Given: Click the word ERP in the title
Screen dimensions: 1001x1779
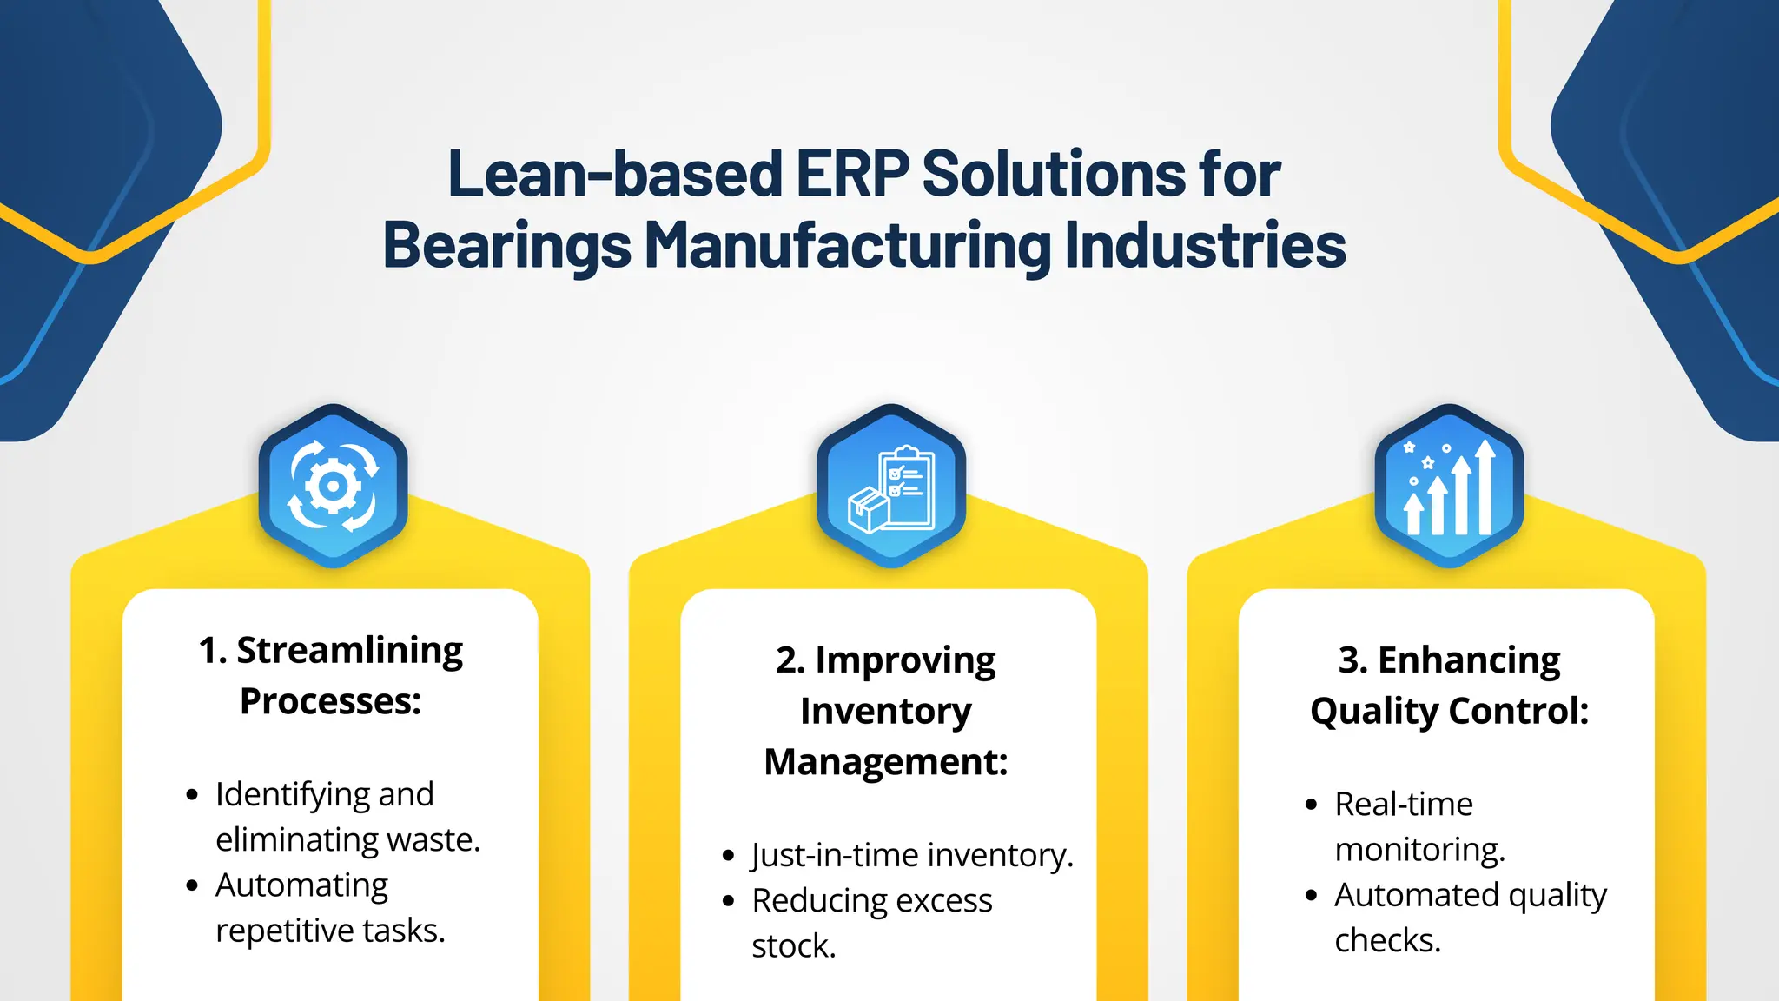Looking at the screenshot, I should [852, 174].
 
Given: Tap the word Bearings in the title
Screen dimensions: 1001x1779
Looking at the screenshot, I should [506, 246].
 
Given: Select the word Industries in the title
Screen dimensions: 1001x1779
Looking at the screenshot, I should [1205, 246].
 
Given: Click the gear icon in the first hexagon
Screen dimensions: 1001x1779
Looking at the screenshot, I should [333, 486].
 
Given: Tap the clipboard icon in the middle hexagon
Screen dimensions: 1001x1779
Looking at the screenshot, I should [909, 487].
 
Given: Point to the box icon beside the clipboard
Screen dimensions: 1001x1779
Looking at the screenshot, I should [868, 509].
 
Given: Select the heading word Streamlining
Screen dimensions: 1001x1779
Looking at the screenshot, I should [350, 651].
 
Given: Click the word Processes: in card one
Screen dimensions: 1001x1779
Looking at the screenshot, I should [330, 701].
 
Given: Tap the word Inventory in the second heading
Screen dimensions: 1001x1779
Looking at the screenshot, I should [886, 711].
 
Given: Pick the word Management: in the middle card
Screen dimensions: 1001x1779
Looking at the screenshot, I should [886, 762].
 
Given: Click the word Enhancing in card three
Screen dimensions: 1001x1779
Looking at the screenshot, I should [1469, 660].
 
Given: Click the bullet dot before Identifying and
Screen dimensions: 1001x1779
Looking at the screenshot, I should [193, 795].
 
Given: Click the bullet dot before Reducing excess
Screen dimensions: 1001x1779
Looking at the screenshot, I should [729, 901].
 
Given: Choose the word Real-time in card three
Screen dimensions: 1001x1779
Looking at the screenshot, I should [1404, 805].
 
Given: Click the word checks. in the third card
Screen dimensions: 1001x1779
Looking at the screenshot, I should [1387, 941].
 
